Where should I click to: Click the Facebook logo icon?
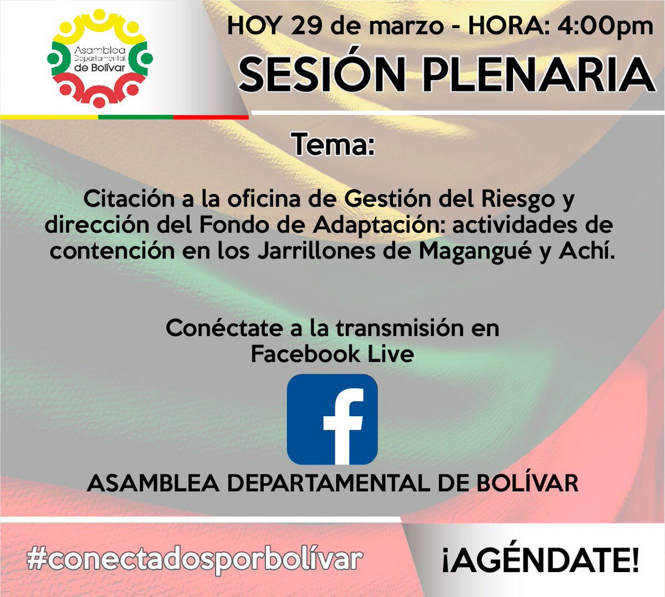[x=332, y=419]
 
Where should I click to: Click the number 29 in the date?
[x=307, y=25]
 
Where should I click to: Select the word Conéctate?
[x=224, y=328]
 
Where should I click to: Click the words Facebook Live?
[x=332, y=354]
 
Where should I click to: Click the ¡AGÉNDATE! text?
[x=541, y=560]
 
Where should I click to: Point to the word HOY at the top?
[x=255, y=26]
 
